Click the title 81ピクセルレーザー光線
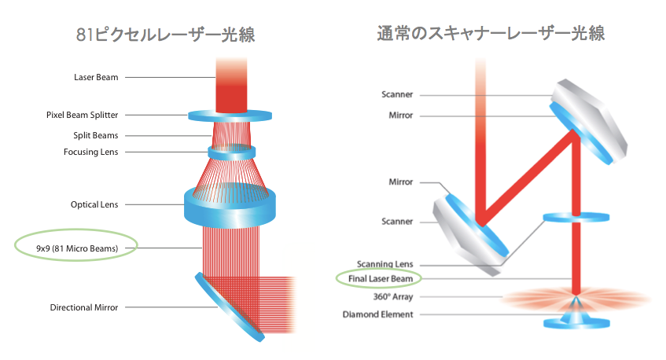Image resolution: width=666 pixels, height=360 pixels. pyautogui.click(x=166, y=35)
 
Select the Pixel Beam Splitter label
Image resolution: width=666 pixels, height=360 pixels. pyautogui.click(x=83, y=115)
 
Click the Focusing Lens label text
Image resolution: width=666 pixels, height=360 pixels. pyautogui.click(x=90, y=152)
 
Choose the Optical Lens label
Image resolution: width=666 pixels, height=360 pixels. pyautogui.click(x=94, y=204)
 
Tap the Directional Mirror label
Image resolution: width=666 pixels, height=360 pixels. pyautogui.click(x=84, y=307)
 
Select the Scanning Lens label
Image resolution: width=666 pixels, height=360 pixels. pyautogui.click(x=385, y=264)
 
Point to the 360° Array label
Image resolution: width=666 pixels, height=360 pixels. pyautogui.click(x=393, y=297)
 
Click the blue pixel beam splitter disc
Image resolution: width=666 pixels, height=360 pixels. pyautogui.click(x=230, y=116)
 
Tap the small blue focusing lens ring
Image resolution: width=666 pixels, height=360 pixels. pyautogui.click(x=231, y=152)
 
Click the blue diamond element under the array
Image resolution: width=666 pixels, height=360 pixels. pyautogui.click(x=576, y=321)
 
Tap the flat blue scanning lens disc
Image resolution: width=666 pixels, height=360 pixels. pyautogui.click(x=576, y=217)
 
